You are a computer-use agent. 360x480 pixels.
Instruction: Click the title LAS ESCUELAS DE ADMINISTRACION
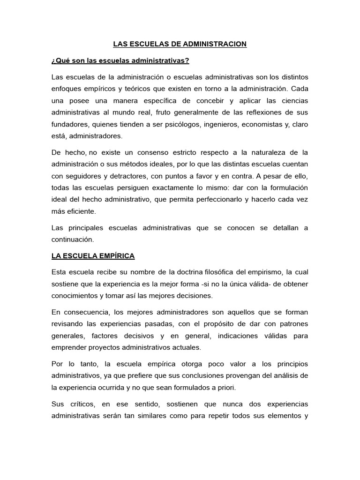(x=180, y=45)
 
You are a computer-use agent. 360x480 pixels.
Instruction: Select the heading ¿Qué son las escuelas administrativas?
(x=120, y=61)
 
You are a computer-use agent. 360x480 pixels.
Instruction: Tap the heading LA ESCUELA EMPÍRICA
(x=93, y=255)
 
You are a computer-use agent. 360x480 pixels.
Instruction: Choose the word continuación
(x=73, y=239)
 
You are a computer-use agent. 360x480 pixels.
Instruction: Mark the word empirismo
(x=262, y=272)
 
